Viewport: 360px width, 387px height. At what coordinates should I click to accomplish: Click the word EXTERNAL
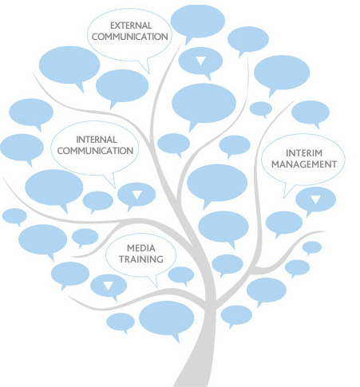point(131,26)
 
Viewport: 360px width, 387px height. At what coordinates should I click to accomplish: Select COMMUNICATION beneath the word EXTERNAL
point(130,37)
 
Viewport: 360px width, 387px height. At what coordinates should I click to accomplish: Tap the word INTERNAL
point(97,140)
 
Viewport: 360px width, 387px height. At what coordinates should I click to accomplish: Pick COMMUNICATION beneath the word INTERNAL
point(95,151)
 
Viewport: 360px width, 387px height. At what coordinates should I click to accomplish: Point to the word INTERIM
point(304,153)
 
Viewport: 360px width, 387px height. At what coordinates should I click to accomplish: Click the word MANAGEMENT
point(304,164)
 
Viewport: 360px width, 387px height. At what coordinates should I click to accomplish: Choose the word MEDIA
point(141,248)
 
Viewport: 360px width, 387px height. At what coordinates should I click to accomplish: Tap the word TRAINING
point(141,259)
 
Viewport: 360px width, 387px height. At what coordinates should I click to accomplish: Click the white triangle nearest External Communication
point(200,61)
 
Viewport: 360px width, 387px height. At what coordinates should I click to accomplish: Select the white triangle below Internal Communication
point(136,195)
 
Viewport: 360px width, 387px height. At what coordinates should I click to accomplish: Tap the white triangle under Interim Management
point(315,199)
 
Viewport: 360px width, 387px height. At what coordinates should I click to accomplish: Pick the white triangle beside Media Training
point(109,286)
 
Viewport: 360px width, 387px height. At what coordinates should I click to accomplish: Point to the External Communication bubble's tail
point(145,66)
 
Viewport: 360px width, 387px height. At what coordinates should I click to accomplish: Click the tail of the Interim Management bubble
point(287,190)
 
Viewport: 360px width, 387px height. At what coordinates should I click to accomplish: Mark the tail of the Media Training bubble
point(154,282)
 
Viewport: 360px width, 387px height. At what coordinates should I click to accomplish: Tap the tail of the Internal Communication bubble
point(111,181)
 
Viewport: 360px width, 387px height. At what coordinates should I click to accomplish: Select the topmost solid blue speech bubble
point(198,22)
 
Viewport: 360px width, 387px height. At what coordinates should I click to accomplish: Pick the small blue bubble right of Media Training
point(181,275)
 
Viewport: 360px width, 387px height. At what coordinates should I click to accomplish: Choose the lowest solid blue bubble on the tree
point(167,318)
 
